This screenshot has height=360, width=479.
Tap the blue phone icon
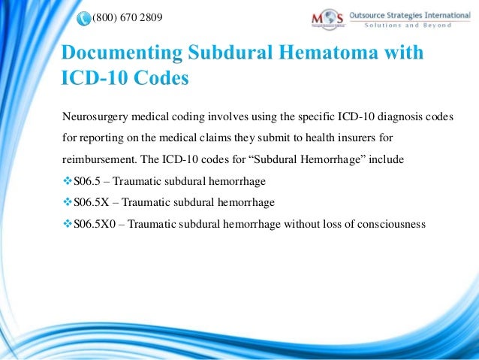coord(82,17)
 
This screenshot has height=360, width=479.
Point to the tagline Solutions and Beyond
coord(408,25)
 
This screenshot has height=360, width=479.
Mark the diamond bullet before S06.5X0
coord(67,224)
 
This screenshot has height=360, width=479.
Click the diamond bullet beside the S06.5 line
coord(67,181)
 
